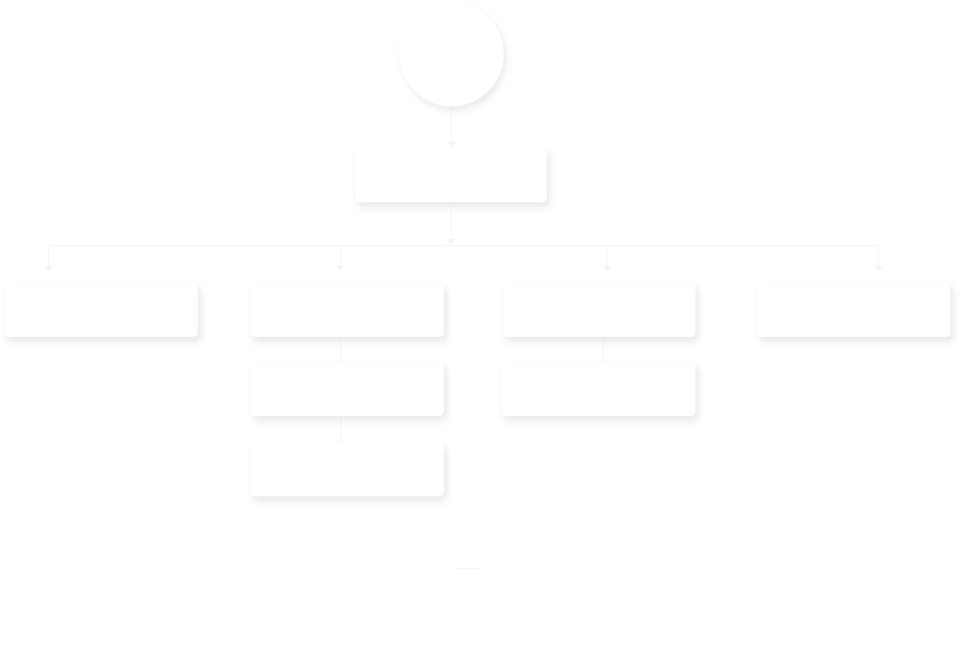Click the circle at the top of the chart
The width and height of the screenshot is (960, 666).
451,55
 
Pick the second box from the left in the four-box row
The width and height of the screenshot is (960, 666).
346,310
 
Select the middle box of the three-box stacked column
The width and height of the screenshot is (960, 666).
346,388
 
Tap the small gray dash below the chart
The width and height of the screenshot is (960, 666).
467,569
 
